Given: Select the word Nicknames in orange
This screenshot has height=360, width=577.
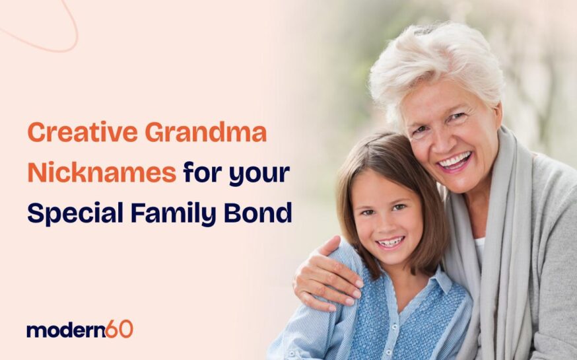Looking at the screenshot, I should pos(102,174).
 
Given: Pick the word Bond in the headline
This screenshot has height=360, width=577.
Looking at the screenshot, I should pos(260,214).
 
